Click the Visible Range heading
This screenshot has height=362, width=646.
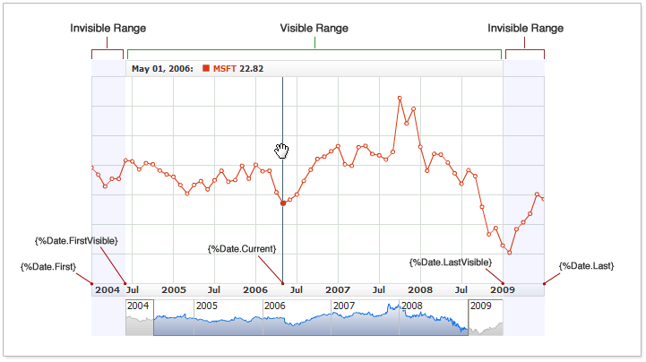tap(314, 28)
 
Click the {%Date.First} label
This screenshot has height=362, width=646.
tap(48, 266)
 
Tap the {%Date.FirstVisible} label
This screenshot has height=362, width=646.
tap(77, 240)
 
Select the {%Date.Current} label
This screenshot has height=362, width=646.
tap(242, 248)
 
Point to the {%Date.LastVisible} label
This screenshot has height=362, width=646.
tap(451, 262)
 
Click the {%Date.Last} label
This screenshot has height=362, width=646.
tap(586, 266)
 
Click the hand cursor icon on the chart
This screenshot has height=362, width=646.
tap(282, 150)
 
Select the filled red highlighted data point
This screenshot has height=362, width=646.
tap(283, 203)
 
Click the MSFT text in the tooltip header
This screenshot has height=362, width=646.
tap(225, 68)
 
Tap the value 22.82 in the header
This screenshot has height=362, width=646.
tap(251, 68)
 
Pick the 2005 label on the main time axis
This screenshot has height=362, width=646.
tap(174, 290)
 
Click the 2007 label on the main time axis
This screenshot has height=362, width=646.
tap(338, 290)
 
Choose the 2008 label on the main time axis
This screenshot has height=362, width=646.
tap(420, 290)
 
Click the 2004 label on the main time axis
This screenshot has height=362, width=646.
tap(108, 290)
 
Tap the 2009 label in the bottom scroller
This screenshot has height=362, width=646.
tap(481, 306)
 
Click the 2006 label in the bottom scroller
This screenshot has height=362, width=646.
tap(275, 306)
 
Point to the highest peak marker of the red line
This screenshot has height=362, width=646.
tap(400, 98)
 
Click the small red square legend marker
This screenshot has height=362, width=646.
tap(207, 68)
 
